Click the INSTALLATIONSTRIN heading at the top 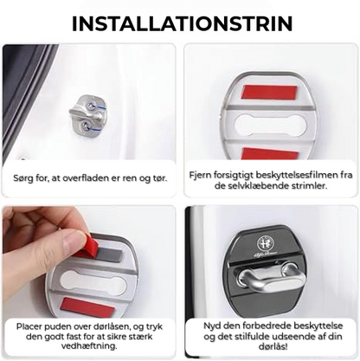(x=182, y=23)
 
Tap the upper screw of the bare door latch (x=91, y=106)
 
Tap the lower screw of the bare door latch (x=86, y=125)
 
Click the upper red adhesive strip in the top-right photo (x=269, y=92)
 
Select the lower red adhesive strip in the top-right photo (x=270, y=153)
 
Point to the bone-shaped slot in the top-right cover (x=269, y=125)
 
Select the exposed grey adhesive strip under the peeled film (x=110, y=255)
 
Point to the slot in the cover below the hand (x=93, y=283)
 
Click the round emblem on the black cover (x=266, y=242)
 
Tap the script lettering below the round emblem (x=266, y=254)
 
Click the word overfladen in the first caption (x=87, y=178)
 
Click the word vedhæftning (x=89, y=346)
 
